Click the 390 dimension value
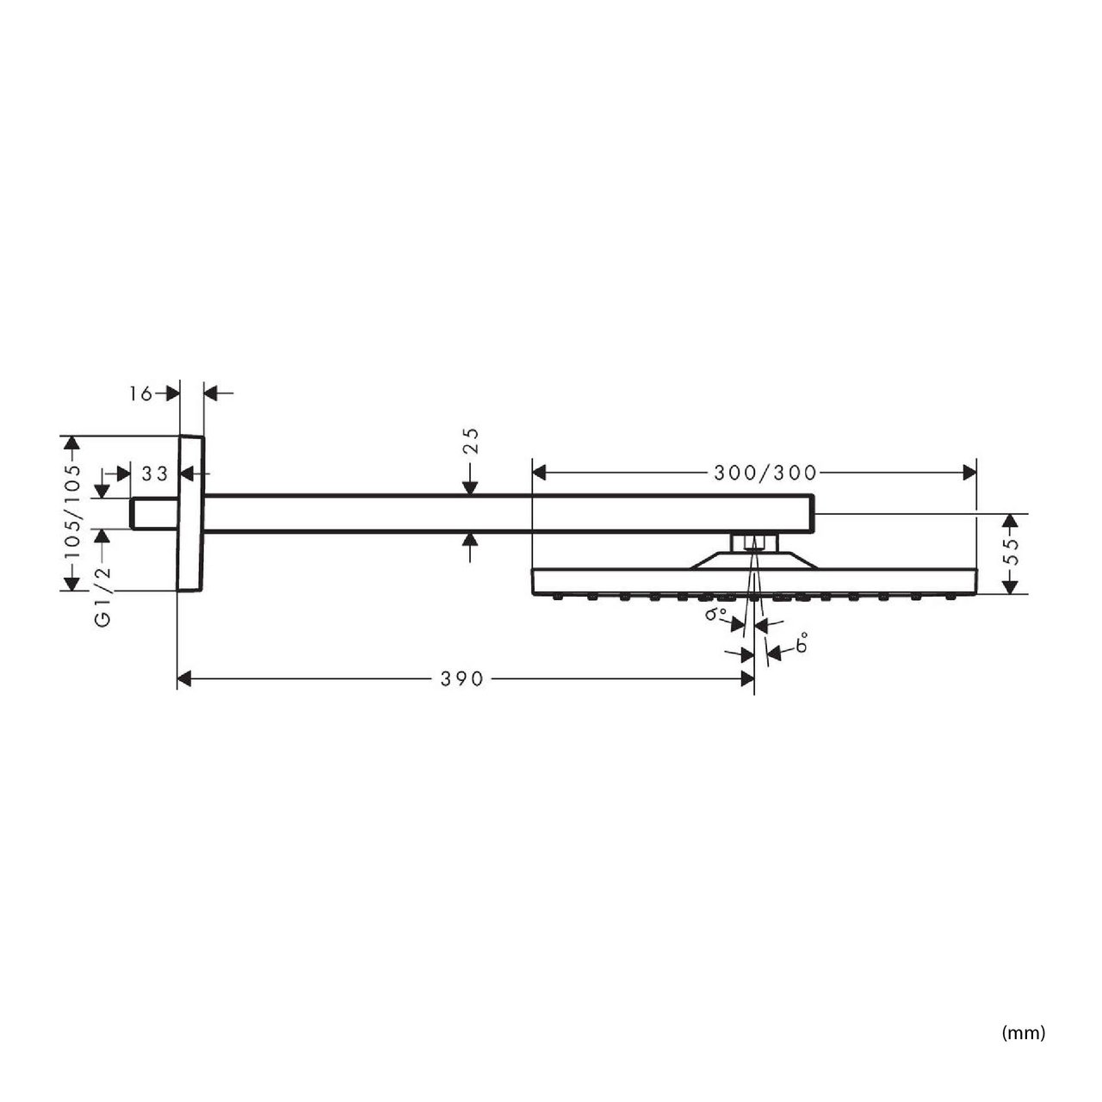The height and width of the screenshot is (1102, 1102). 461,678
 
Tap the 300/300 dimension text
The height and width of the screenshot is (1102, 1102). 765,473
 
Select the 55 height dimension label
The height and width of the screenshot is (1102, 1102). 1012,551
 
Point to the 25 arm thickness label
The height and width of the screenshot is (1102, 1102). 471,441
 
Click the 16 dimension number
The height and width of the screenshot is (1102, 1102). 140,393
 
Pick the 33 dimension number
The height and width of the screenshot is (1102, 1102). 154,474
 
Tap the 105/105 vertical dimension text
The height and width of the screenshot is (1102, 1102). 72,513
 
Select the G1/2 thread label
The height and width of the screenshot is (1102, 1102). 102,597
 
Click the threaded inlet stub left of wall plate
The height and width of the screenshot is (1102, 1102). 154,513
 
